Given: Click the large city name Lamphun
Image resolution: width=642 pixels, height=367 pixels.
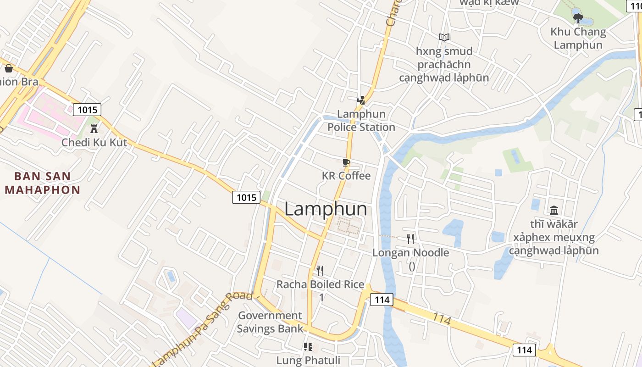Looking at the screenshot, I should pos(326,209).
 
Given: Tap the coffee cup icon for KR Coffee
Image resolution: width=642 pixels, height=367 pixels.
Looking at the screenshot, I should pos(346,162).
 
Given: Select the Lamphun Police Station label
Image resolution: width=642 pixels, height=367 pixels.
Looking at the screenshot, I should pos(361,121).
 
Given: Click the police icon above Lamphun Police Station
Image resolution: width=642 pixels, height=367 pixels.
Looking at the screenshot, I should pos(361,100).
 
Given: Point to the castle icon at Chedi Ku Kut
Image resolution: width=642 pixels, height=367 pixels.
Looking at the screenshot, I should pos(94,128).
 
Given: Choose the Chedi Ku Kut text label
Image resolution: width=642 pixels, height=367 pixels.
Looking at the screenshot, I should pos(94,143).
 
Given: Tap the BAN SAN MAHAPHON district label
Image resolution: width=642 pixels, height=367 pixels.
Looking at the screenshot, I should pos(42,183).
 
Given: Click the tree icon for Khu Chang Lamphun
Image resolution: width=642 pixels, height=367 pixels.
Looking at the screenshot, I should pos(578,18).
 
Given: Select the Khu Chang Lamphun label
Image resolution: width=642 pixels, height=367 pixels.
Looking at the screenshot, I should pos(578,39).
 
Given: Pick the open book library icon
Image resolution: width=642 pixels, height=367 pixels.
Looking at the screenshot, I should pos(444,37).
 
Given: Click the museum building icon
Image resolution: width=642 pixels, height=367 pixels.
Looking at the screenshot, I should pos(553,211).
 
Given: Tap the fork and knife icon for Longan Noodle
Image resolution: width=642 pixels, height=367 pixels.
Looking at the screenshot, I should pos(410,239).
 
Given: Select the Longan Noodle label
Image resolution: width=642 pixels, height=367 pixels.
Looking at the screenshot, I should pos(410,253).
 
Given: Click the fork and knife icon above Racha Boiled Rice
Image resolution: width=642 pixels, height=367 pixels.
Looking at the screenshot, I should pos(320,271).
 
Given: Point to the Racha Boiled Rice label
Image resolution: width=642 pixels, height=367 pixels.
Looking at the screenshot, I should pos(320,284).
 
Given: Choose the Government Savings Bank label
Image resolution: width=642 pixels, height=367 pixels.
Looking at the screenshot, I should pos(270,322).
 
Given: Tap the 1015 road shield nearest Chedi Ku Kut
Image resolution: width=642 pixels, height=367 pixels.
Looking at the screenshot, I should pos(87,110).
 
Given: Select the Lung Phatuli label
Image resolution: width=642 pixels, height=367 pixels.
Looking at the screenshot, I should pos(308,360).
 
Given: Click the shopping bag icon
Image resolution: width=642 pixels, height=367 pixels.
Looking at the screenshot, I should pos(8,68).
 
